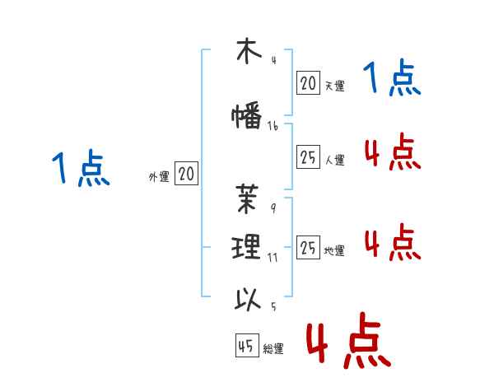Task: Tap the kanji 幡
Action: (247, 117)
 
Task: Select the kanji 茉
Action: (247, 200)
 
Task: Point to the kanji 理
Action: (247, 246)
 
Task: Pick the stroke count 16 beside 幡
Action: (273, 126)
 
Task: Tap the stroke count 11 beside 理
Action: (273, 257)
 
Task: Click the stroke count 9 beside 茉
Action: (273, 208)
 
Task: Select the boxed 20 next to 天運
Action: (308, 82)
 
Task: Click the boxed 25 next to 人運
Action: (308, 158)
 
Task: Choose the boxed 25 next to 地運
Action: (308, 248)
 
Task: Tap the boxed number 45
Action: (246, 347)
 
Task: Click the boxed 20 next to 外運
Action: (186, 174)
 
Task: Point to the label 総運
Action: (273, 349)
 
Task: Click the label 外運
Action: (159, 176)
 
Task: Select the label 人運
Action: (334, 161)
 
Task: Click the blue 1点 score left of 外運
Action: (80, 170)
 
